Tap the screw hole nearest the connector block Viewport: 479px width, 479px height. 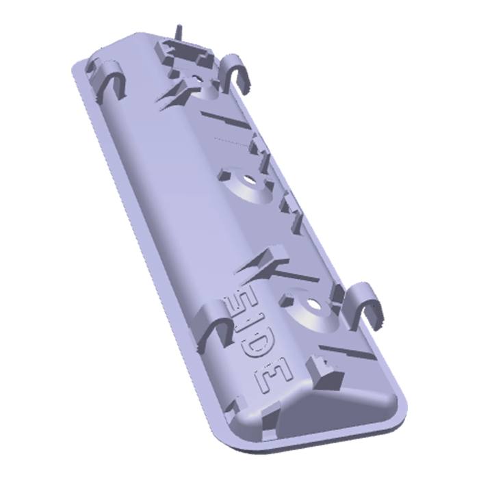[199, 79]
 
